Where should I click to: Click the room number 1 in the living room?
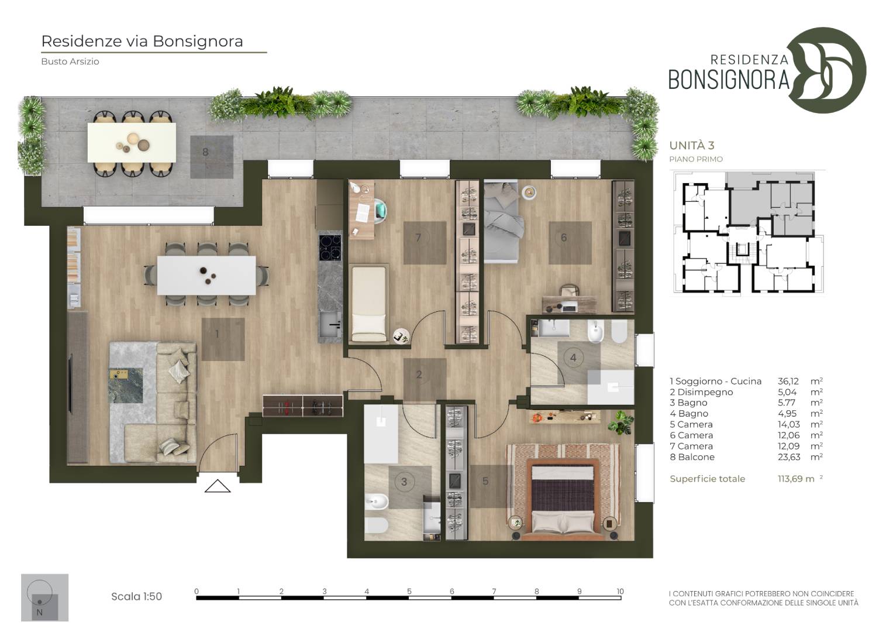[218, 334]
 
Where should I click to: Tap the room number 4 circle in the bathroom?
[573, 358]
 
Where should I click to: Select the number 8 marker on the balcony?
[205, 152]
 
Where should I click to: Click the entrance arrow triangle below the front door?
[218, 486]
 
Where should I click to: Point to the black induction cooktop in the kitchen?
[330, 248]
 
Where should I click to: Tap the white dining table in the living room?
[206, 275]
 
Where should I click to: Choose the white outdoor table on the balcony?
[132, 142]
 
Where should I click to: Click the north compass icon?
[44, 597]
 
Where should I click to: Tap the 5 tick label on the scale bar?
[409, 591]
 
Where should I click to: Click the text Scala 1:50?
[136, 596]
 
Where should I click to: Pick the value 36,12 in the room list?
[788, 381]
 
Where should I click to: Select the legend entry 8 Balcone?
[692, 457]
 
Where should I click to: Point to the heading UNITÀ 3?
[692, 145]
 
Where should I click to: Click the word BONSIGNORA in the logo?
[729, 80]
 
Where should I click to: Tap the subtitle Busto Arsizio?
[70, 61]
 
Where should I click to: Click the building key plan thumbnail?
[749, 233]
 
